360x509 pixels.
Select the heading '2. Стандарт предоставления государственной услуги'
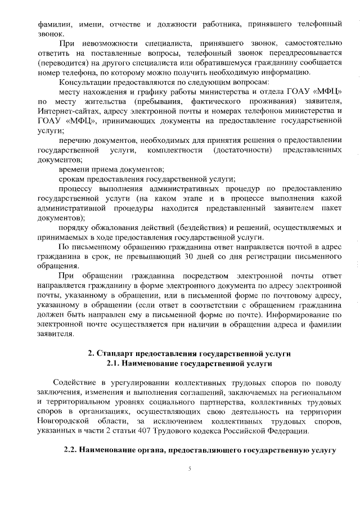click(x=189, y=354)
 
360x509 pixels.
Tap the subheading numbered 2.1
click(x=189, y=364)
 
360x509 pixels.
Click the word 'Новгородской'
click(x=65, y=421)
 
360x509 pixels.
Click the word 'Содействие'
click(x=75, y=382)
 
